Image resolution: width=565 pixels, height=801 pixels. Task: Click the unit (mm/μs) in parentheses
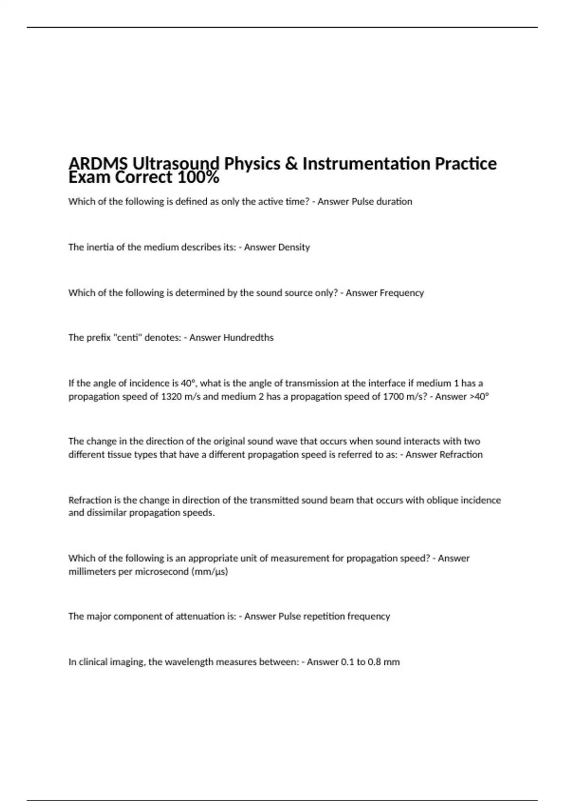210,572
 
